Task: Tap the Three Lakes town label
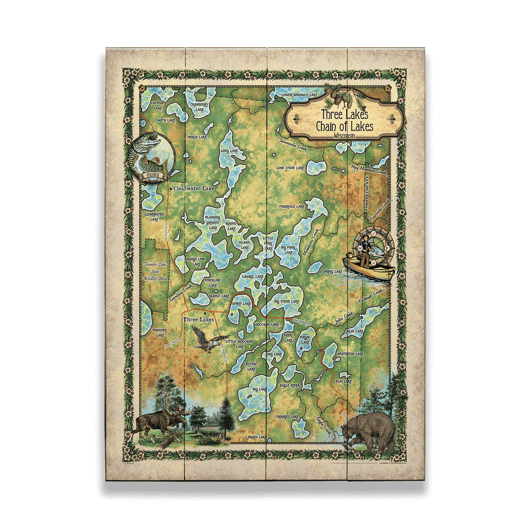pos(199,320)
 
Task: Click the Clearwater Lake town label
pos(194,189)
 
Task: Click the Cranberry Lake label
pos(199,106)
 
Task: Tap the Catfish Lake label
pos(157,106)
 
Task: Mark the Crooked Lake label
pos(287,417)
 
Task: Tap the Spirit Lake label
pos(242,304)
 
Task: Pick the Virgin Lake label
pos(305,341)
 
